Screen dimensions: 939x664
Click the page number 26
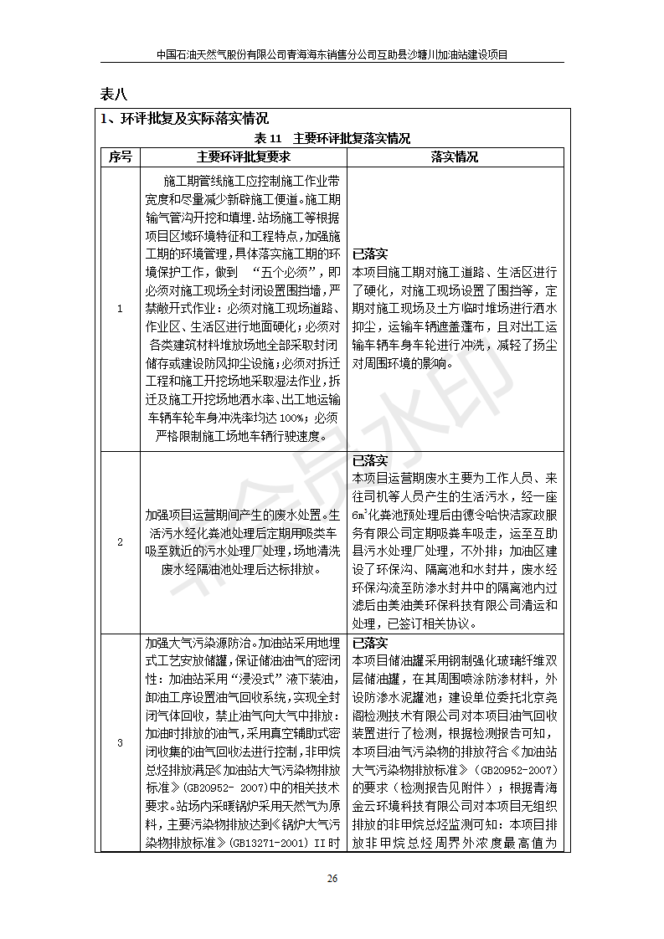coord(332,878)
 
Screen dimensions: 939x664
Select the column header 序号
coord(119,156)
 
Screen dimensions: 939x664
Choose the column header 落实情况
coord(455,156)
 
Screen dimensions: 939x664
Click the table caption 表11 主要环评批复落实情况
coord(332,138)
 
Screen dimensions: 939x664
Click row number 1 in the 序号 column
coord(119,309)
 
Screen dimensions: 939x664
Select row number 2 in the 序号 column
coord(119,541)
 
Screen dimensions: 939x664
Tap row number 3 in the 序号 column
coord(119,742)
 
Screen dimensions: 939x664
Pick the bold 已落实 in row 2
coord(369,460)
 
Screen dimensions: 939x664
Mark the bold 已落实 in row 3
coord(369,644)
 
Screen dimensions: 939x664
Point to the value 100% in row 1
coord(291,418)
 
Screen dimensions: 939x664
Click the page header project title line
coord(332,54)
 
